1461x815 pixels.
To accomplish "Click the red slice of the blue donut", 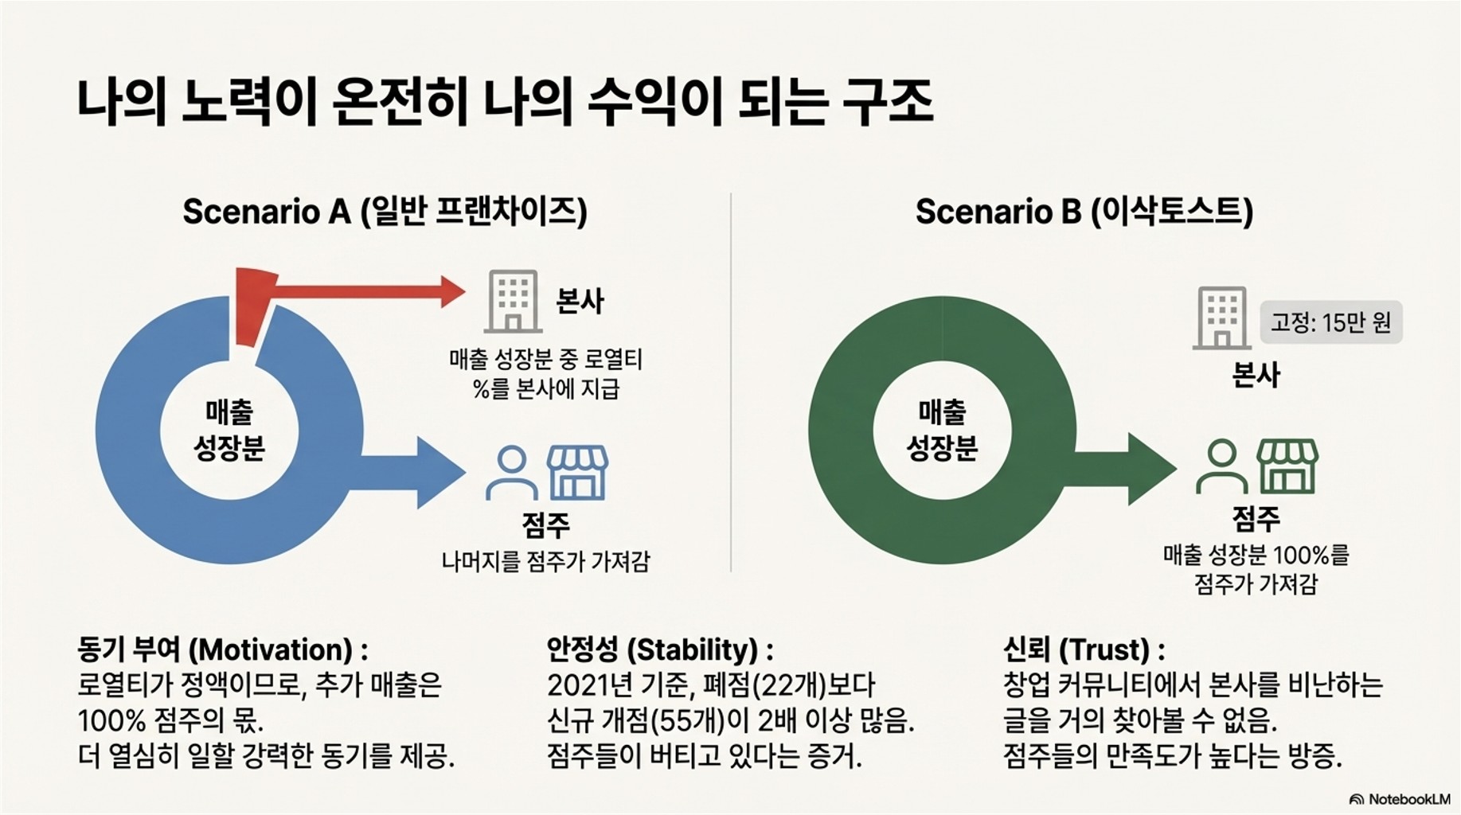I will click(253, 306).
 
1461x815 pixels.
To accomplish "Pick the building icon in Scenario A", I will click(513, 301).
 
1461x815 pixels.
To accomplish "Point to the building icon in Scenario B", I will click(1221, 318).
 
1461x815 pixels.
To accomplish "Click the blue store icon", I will click(577, 472).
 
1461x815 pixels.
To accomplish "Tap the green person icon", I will click(1221, 467).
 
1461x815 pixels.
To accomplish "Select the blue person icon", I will click(511, 472).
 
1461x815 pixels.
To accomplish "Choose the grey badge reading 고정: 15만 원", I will click(1330, 322).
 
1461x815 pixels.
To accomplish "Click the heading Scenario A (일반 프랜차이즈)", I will click(385, 212).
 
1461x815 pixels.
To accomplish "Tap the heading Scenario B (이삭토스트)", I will click(1084, 212).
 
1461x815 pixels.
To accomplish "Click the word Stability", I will click(692, 650).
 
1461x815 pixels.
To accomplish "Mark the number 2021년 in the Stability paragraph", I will click(588, 685).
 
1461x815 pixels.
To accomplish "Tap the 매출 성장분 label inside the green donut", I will click(942, 431).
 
